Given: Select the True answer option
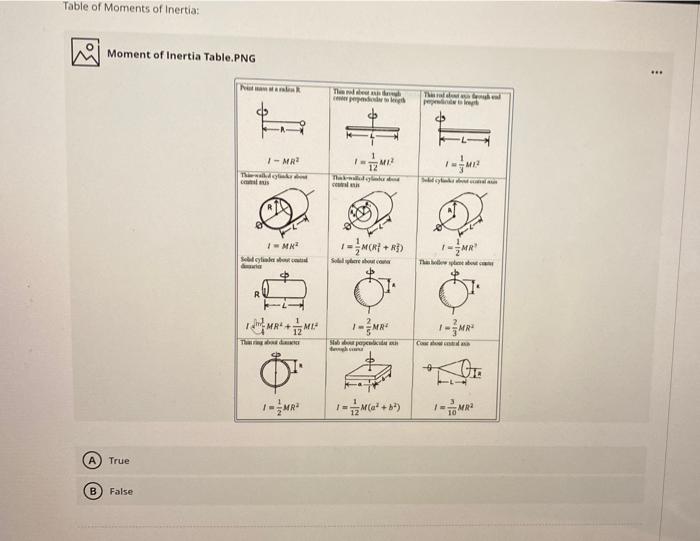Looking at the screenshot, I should (x=119, y=461).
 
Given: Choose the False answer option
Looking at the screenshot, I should (x=120, y=492).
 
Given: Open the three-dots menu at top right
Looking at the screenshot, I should (x=656, y=73).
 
